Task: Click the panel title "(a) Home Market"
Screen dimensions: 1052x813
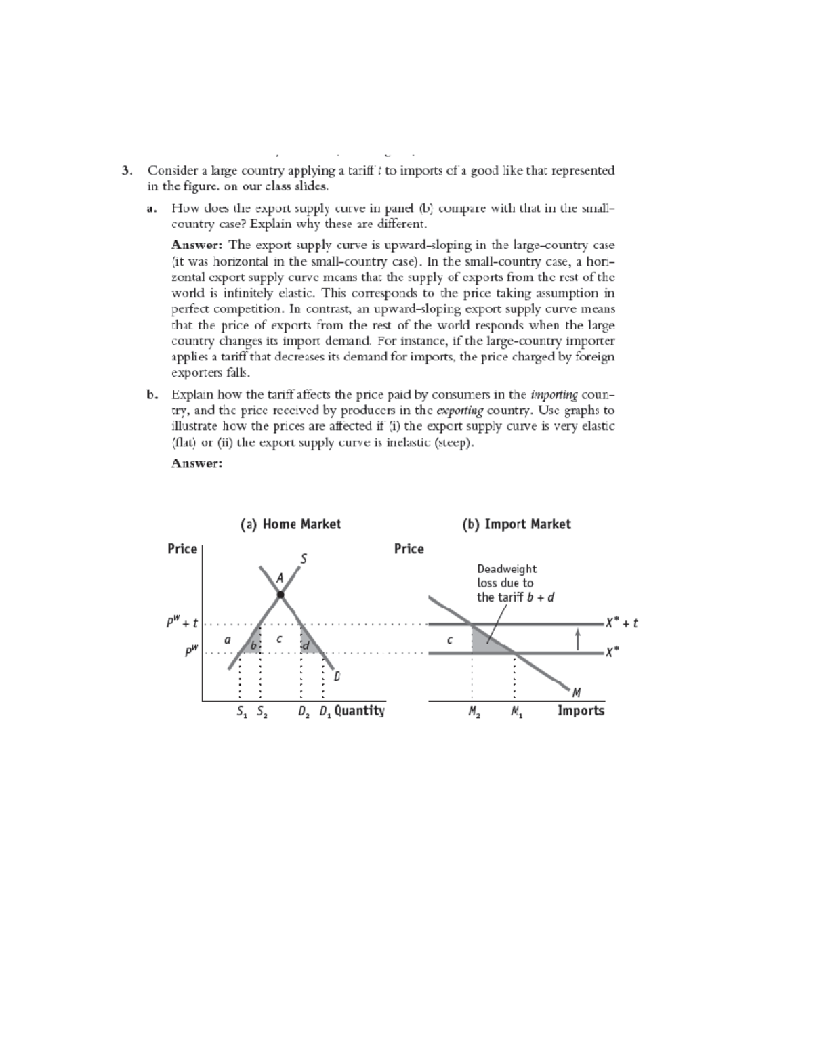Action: point(291,524)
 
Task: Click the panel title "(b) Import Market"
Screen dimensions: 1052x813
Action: point(516,524)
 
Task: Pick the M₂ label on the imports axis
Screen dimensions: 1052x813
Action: point(474,712)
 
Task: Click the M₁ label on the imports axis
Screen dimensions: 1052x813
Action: point(517,712)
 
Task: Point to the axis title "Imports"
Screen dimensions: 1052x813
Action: point(581,711)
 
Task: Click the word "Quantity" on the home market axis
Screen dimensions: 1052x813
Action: point(359,711)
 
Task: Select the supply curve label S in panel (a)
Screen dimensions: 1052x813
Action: point(304,559)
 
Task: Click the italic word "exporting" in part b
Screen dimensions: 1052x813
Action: point(460,411)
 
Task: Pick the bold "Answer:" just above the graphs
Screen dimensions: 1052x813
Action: point(196,463)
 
